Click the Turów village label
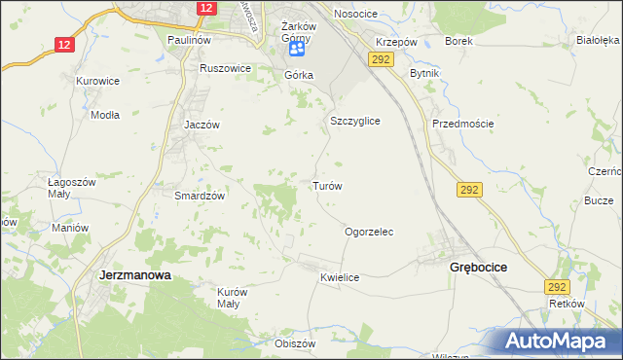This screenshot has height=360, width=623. pyautogui.click(x=326, y=185)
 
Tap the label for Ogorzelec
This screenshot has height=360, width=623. pyautogui.click(x=369, y=233)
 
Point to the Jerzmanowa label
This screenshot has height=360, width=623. pyautogui.click(x=135, y=275)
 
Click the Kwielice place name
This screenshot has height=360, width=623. pyautogui.click(x=340, y=277)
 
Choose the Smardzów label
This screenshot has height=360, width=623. pyautogui.click(x=200, y=195)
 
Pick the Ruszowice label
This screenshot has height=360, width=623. pyautogui.click(x=226, y=69)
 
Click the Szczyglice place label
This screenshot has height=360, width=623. pyautogui.click(x=354, y=121)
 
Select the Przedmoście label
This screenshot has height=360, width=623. pyautogui.click(x=463, y=124)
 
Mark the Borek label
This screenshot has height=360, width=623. pyautogui.click(x=458, y=42)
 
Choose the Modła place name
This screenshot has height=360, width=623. pyautogui.click(x=104, y=114)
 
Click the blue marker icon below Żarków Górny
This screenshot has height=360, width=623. pyautogui.click(x=297, y=48)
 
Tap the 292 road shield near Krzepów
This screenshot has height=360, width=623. pyautogui.click(x=380, y=60)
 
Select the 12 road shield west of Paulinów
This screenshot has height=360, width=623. pyautogui.click(x=64, y=45)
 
